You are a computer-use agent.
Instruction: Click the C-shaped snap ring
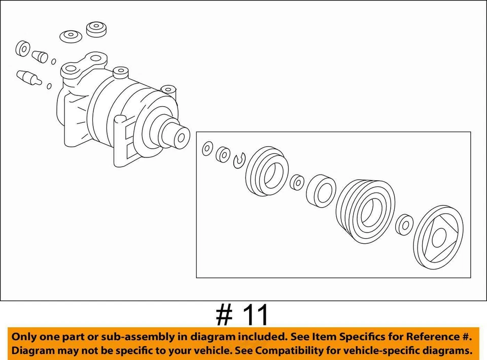point(239,160)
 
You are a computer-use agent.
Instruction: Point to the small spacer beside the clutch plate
point(405,225)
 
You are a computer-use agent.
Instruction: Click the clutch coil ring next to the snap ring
point(267,172)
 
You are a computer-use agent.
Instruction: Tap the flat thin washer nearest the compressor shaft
point(207,149)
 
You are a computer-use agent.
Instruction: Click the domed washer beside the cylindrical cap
point(71,37)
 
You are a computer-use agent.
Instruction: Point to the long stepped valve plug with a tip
point(28,78)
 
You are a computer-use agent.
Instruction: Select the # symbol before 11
point(224,315)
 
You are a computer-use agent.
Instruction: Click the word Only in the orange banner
point(24,337)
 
